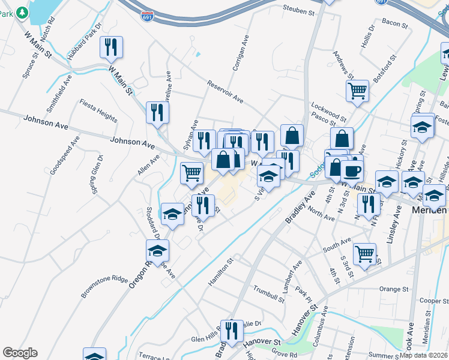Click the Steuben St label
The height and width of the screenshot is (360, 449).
[298, 11]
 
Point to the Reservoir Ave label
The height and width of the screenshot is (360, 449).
[224, 91]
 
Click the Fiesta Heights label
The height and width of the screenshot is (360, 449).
[98, 113]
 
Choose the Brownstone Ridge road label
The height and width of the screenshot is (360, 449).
[104, 287]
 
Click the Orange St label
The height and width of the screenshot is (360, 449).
[394, 289]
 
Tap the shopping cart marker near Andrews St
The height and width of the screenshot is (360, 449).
[357, 91]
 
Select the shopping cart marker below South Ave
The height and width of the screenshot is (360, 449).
[364, 253]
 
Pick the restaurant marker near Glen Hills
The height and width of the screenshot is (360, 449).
[229, 330]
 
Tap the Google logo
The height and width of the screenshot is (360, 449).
[20, 352]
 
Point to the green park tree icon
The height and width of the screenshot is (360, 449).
[22, 11]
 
